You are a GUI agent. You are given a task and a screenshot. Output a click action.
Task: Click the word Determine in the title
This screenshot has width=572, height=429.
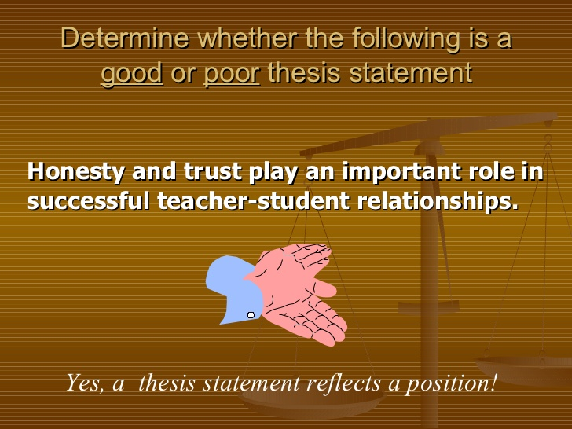coord(125,38)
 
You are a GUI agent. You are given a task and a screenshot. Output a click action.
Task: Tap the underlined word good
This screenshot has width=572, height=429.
coord(132,73)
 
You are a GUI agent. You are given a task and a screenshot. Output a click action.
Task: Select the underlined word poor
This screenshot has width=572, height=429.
coord(232,73)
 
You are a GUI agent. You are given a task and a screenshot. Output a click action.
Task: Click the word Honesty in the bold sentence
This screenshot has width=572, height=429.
coord(75,172)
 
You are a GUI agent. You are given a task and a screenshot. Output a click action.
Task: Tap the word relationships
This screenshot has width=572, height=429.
coord(438,201)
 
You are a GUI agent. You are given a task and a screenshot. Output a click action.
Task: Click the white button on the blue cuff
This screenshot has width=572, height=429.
coord(251,315)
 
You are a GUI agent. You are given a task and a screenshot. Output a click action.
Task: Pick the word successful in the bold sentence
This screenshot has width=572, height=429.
coord(88,200)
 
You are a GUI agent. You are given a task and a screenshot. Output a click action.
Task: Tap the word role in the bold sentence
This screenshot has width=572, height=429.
coord(490,171)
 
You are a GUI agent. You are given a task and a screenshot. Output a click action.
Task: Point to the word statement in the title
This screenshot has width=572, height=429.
coord(411,73)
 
